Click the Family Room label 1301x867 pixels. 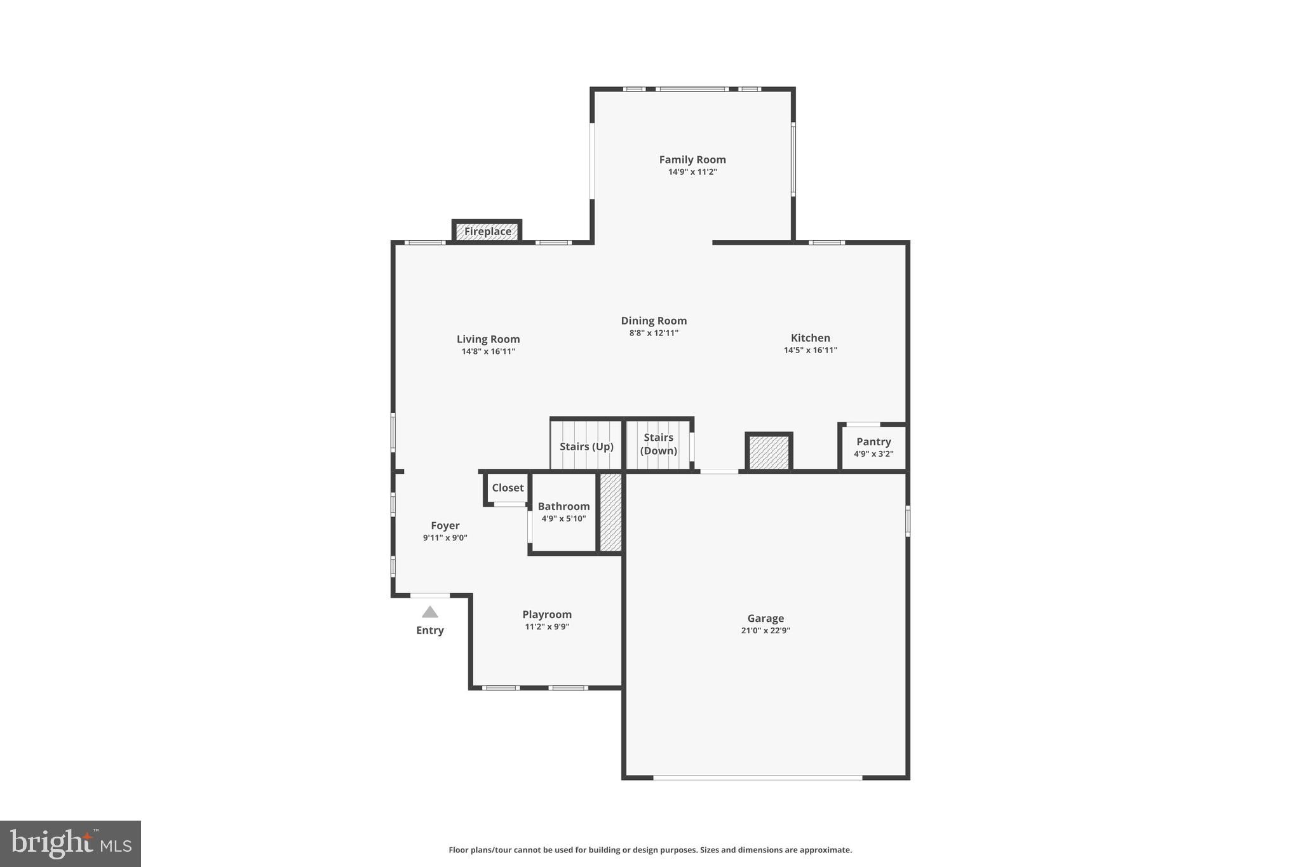(x=692, y=159)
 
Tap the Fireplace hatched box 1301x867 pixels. (x=487, y=231)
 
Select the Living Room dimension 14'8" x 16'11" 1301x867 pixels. (x=488, y=351)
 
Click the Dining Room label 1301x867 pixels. (x=654, y=321)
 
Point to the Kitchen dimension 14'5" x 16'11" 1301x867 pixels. (x=810, y=350)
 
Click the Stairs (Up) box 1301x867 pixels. (x=586, y=446)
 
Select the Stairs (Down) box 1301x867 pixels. (x=658, y=444)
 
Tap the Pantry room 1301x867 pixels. (x=873, y=447)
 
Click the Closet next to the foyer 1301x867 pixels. (x=507, y=488)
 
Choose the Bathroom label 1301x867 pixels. (x=563, y=506)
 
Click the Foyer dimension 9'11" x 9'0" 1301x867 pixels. (x=445, y=537)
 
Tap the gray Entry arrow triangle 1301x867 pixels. (x=430, y=612)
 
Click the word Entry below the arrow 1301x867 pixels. (x=430, y=630)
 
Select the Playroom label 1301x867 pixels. (x=546, y=614)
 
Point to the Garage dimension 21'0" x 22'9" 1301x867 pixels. (x=765, y=630)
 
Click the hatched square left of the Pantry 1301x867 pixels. (x=769, y=453)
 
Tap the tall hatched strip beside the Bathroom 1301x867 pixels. (x=610, y=512)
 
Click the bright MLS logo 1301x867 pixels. (x=71, y=843)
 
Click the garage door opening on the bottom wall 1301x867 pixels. (x=757, y=777)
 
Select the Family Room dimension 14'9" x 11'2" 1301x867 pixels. (x=692, y=172)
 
